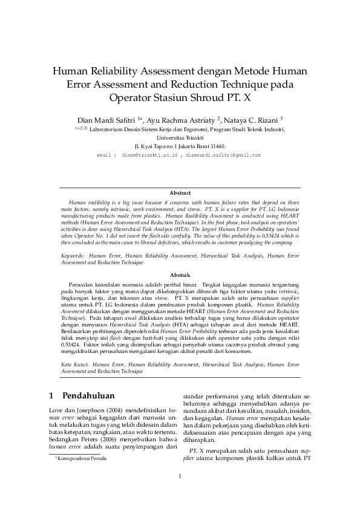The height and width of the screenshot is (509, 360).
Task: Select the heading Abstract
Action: pos(180,193)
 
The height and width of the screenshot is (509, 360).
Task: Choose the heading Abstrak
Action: pos(180,274)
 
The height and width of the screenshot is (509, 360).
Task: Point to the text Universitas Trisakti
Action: pos(180,137)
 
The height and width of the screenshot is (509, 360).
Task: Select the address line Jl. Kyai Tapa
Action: pos(180,146)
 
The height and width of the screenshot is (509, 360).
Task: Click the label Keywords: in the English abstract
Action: pos(73,256)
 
